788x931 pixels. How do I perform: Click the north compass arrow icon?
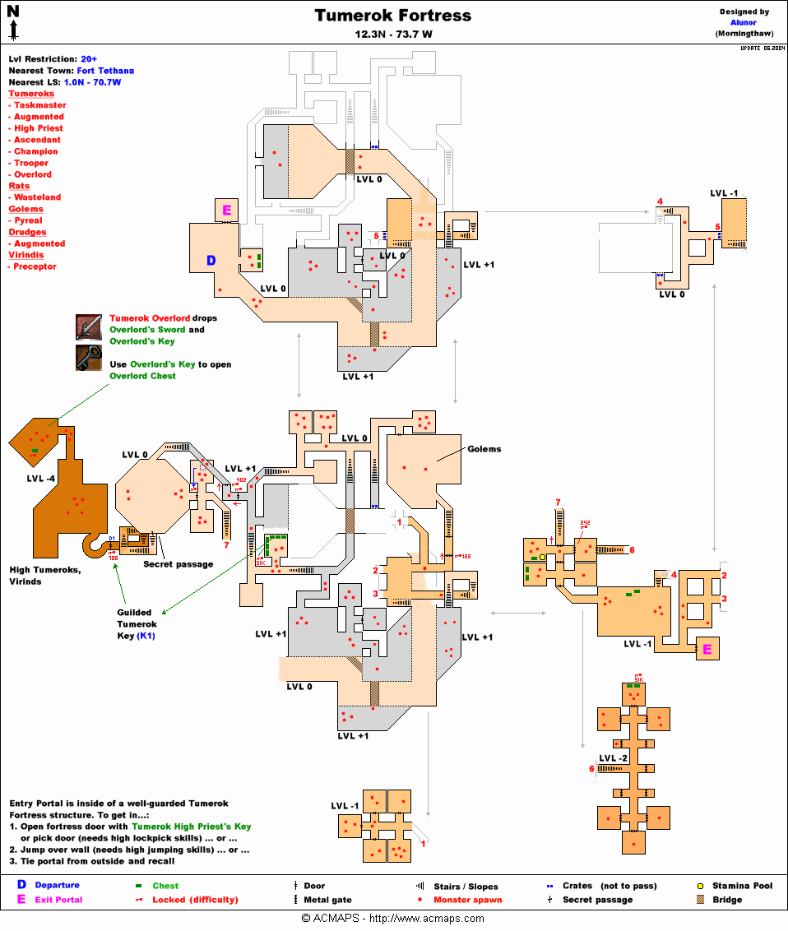14,21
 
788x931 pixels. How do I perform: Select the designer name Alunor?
743,23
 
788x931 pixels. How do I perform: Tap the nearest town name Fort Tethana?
105,71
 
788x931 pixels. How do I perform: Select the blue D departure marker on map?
211,261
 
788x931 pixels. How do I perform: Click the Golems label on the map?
484,449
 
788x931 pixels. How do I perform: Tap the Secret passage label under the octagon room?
178,564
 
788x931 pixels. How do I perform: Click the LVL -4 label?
41,478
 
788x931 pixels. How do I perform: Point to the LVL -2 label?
614,757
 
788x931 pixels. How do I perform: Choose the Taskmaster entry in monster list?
39,105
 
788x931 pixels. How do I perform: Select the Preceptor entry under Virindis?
35,266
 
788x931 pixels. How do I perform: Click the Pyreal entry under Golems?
28,220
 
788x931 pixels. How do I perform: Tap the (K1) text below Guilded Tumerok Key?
146,636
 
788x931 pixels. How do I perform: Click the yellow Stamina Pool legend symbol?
701,887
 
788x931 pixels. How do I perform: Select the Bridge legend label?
727,900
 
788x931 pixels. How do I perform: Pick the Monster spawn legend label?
468,900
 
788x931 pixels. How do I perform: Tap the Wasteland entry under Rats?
37,197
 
